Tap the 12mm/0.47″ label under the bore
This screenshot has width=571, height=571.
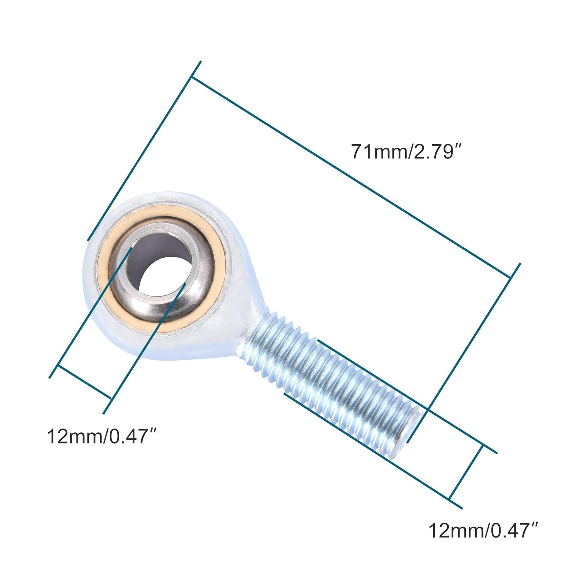pyautogui.click(x=103, y=436)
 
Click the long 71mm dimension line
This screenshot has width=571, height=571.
pyautogui.click(x=351, y=177)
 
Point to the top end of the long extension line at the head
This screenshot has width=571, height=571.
pyautogui.click(x=200, y=62)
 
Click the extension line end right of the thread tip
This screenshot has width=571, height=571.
pyautogui.click(x=496, y=453)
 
